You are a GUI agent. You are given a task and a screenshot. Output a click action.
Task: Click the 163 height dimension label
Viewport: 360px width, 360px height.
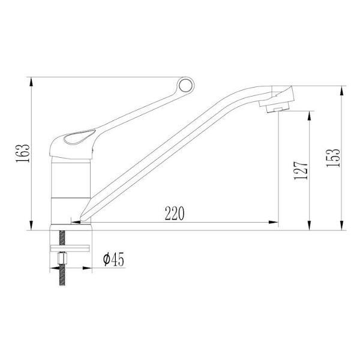[x=23, y=154]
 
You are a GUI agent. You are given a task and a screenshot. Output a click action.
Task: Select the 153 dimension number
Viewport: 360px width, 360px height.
[x=333, y=158]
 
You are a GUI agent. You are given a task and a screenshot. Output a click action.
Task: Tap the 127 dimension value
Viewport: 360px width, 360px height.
[x=301, y=170]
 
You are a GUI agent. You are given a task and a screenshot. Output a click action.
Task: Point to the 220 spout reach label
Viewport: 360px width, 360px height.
[x=175, y=214]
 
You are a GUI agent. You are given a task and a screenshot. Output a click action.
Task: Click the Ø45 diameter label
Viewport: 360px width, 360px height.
[x=113, y=259]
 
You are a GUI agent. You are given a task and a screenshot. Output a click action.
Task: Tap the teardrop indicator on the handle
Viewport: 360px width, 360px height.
[x=79, y=137]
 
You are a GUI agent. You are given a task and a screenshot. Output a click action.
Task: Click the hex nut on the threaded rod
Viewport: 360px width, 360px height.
[x=62, y=258]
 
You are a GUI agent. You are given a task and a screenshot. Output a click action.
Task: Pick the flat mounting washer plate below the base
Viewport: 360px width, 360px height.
[x=70, y=248]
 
